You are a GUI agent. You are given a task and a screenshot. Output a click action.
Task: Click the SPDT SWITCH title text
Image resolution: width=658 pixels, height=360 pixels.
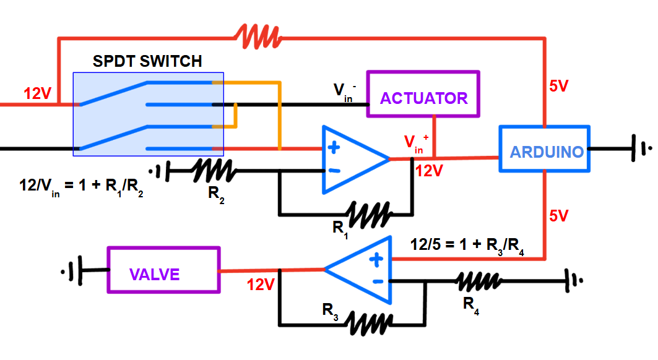click(147, 61)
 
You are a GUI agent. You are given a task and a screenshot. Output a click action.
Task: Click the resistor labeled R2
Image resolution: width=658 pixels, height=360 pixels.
click(212, 171)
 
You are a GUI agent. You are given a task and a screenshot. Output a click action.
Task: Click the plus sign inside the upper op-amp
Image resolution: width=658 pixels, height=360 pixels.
click(334, 148)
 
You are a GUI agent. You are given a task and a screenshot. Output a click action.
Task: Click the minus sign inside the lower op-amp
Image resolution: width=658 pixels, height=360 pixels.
click(376, 283)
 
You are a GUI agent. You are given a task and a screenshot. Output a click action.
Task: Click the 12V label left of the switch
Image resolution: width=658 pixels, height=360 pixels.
click(37, 94)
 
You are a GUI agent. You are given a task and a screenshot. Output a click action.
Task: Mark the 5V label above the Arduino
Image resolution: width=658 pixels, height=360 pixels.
click(558, 87)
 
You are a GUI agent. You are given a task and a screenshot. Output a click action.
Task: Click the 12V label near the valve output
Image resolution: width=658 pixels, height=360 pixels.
click(260, 285)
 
